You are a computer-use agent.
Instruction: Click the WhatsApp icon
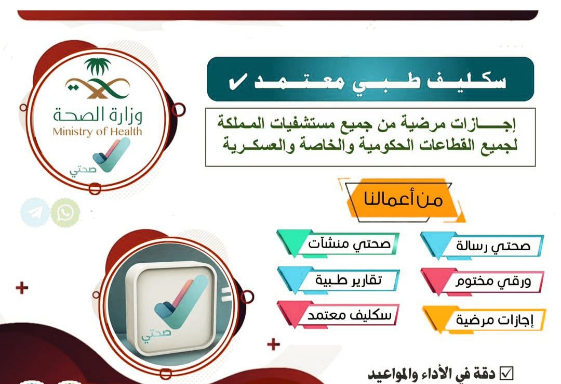point(66,213)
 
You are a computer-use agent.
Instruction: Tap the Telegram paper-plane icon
point(35,213)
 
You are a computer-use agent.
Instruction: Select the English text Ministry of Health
point(97,132)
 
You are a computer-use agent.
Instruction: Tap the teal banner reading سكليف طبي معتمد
point(370,79)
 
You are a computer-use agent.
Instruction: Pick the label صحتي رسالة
point(492,246)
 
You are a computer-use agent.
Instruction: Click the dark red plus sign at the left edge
point(22,288)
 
